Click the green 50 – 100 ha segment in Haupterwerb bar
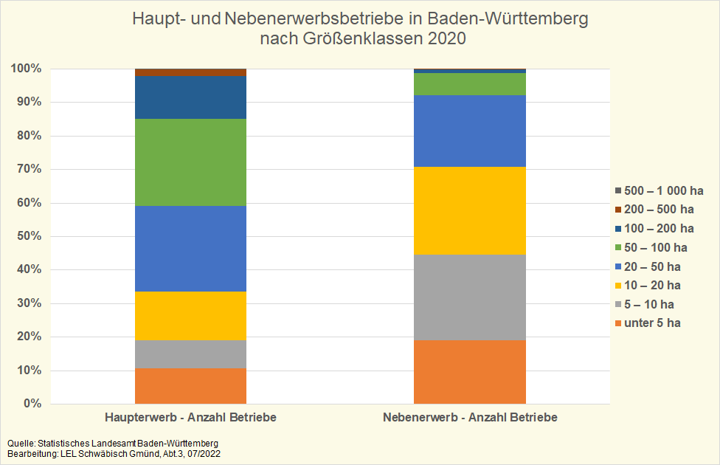tap(190, 162)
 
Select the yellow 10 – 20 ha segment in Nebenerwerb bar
tap(470, 210)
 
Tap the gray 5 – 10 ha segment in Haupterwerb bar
tap(190, 354)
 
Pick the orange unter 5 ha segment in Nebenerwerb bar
tap(470, 372)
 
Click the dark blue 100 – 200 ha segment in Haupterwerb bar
tap(190, 97)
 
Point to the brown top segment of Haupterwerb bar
tap(190, 72)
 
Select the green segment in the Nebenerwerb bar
tap(470, 84)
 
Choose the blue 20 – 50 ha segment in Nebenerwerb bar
tap(470, 131)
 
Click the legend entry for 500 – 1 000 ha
tap(659, 190)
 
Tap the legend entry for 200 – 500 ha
tap(659, 210)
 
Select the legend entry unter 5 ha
tap(652, 323)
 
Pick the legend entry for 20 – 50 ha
tap(652, 266)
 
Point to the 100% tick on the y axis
tap(26, 69)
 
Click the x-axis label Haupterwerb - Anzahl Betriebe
tap(190, 418)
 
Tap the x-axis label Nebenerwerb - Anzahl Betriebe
tap(470, 418)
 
